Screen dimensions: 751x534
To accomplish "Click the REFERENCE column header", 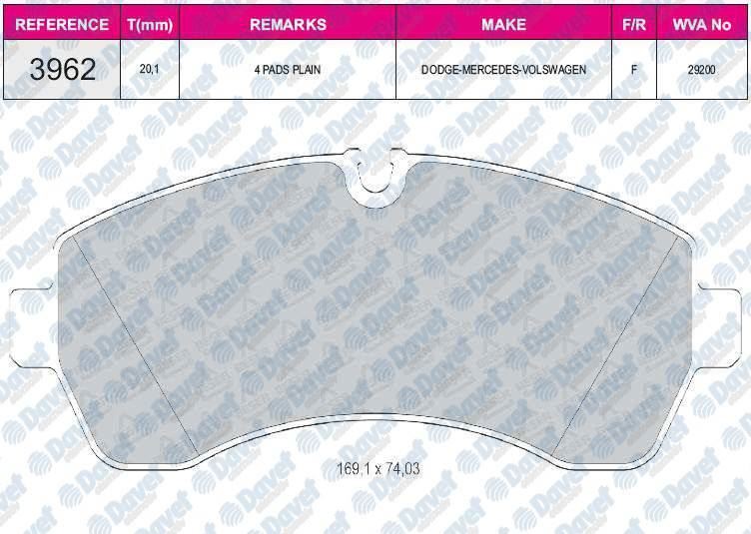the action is click(x=62, y=24).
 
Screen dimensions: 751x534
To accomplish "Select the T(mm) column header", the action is click(x=150, y=24).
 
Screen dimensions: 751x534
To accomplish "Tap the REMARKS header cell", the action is click(x=288, y=24).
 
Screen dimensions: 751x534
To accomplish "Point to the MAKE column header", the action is click(x=503, y=24).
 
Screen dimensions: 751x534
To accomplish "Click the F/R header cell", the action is click(x=634, y=24).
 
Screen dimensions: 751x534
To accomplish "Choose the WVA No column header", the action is click(x=702, y=24).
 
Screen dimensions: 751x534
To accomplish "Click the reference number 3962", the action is click(x=62, y=70).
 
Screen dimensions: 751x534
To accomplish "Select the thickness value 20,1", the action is click(x=150, y=70).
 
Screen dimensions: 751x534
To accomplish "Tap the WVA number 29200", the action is click(x=702, y=70).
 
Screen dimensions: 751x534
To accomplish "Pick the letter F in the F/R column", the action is click(x=634, y=70).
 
